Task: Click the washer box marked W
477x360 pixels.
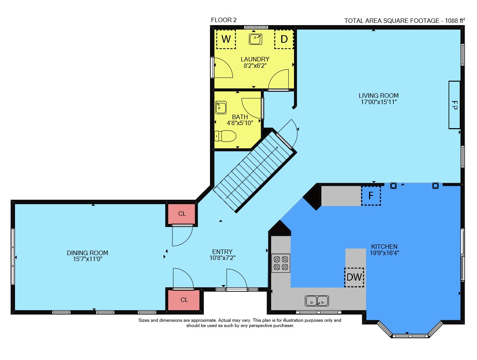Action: click(226, 39)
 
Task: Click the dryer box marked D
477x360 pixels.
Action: click(284, 39)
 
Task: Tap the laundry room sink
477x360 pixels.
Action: click(255, 39)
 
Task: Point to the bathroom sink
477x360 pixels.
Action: click(221, 108)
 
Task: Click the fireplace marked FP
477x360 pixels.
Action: click(454, 105)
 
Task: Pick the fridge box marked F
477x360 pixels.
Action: click(371, 196)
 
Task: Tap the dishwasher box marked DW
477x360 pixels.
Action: click(354, 277)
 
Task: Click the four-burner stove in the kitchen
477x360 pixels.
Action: click(281, 263)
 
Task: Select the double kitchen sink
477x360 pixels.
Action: click(316, 301)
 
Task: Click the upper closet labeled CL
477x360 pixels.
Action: click(182, 214)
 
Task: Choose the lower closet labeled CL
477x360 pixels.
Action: click(184, 300)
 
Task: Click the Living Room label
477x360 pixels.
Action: click(378, 96)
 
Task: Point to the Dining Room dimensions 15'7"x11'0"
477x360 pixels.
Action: click(88, 259)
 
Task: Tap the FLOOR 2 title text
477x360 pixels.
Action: click(223, 20)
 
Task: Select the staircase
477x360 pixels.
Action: click(255, 170)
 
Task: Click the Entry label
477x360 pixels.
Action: click(222, 252)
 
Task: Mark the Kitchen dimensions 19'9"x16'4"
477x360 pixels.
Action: click(384, 253)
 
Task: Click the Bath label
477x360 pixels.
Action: click(240, 117)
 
